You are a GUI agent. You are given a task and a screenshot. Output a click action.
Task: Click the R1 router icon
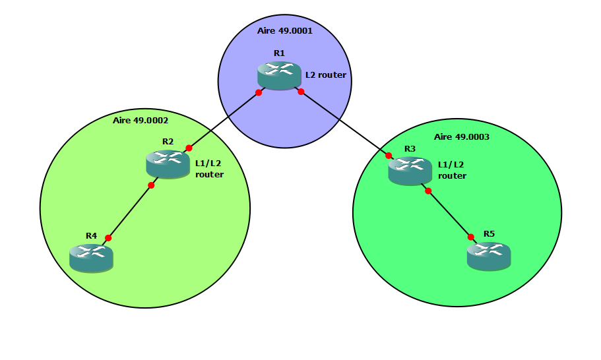point(279,75)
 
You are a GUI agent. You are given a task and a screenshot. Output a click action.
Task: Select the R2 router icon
point(168,164)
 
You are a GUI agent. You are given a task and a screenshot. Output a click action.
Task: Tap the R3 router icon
point(410,171)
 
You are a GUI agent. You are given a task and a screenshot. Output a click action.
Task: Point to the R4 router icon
point(91,257)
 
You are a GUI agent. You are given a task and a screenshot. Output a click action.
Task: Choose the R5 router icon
point(489,255)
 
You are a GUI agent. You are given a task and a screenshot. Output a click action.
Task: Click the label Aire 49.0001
point(285,31)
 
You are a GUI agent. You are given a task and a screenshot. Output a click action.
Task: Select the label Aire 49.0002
point(141,121)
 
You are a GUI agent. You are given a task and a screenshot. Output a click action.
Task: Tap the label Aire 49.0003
point(462,137)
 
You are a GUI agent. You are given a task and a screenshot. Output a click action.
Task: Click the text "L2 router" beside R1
point(325,75)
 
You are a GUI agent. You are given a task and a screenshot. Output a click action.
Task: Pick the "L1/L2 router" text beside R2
point(209,169)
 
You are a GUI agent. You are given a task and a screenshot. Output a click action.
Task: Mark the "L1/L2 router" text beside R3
point(452,171)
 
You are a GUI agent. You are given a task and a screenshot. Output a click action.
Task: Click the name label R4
point(91,235)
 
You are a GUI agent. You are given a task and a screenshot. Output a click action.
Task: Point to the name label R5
point(489,234)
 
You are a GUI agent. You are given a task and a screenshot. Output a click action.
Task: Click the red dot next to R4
point(108,238)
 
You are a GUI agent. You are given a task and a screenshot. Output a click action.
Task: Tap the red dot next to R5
point(471,237)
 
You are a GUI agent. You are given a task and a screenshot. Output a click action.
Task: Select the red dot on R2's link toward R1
point(189,148)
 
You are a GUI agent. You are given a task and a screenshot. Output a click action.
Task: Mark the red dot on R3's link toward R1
point(389,156)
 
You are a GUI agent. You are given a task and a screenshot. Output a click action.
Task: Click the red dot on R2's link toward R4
point(151,185)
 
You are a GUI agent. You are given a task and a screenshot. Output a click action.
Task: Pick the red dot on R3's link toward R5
point(428,191)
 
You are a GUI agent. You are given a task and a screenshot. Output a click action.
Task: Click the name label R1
point(279,53)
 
